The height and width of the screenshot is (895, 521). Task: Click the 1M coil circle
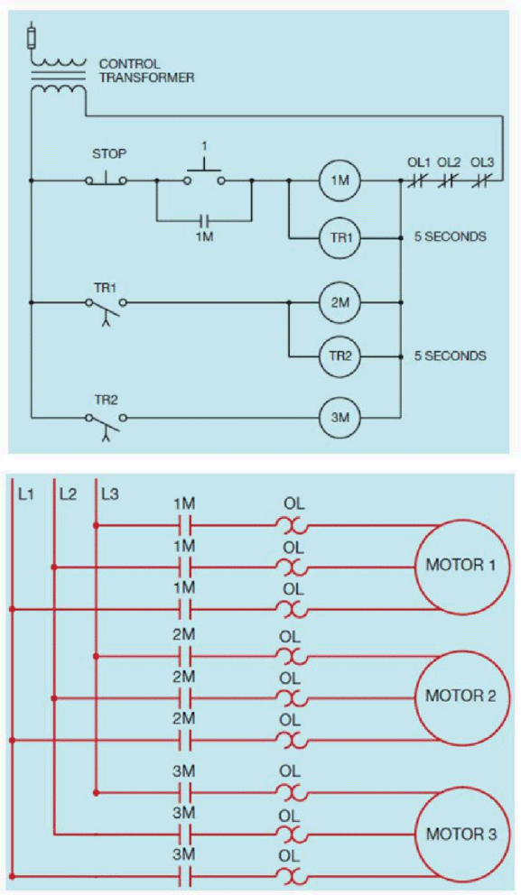click(x=340, y=181)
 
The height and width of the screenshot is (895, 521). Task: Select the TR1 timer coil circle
click(x=340, y=237)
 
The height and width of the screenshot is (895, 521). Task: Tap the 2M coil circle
click(x=340, y=302)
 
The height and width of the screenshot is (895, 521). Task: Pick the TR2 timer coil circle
click(x=340, y=356)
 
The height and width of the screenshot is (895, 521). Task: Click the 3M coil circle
click(x=340, y=418)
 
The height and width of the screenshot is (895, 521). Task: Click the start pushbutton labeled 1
click(x=204, y=175)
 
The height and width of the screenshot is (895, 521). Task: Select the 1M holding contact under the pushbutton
click(x=204, y=219)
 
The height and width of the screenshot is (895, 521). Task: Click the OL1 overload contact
click(x=417, y=181)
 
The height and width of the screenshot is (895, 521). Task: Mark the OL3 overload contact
click(x=483, y=181)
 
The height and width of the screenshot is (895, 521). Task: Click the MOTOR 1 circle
click(x=461, y=567)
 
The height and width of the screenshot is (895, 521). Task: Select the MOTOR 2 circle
click(x=461, y=697)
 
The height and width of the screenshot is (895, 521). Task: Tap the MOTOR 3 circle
click(x=461, y=835)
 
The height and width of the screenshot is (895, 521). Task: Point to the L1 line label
click(x=26, y=494)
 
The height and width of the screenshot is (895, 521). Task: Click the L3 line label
click(x=109, y=494)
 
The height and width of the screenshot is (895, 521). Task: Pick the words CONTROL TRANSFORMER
click(x=147, y=70)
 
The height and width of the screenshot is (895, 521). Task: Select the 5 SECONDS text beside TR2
click(x=451, y=356)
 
